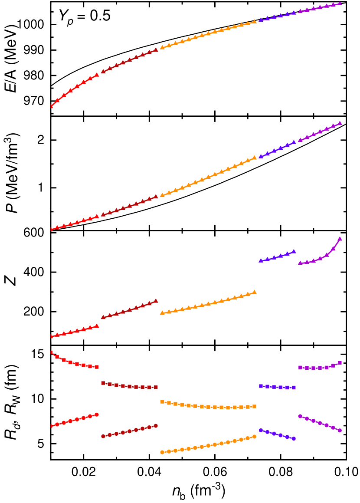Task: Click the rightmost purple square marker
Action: click(x=340, y=363)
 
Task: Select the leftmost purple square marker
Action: click(x=300, y=368)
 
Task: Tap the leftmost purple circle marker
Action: click(x=300, y=416)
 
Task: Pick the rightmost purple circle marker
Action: click(x=340, y=431)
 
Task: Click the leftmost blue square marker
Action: click(x=261, y=386)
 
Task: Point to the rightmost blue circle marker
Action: click(x=294, y=439)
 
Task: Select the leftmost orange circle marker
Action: click(x=162, y=452)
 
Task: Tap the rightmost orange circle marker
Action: click(x=254, y=437)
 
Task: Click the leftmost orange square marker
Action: click(x=162, y=402)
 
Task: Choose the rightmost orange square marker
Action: click(x=254, y=407)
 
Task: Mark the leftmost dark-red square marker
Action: click(x=103, y=383)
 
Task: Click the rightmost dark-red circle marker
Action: click(x=156, y=426)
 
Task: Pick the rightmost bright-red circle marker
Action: click(x=97, y=414)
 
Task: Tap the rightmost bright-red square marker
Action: click(x=97, y=367)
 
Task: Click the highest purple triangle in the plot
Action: click(x=340, y=3)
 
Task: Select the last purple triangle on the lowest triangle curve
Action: click(x=340, y=239)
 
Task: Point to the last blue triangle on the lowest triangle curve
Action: click(x=294, y=251)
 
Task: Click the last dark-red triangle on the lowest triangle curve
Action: click(x=156, y=301)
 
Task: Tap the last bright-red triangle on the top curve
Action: click(x=97, y=75)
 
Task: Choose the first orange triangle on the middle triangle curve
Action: click(x=162, y=195)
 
